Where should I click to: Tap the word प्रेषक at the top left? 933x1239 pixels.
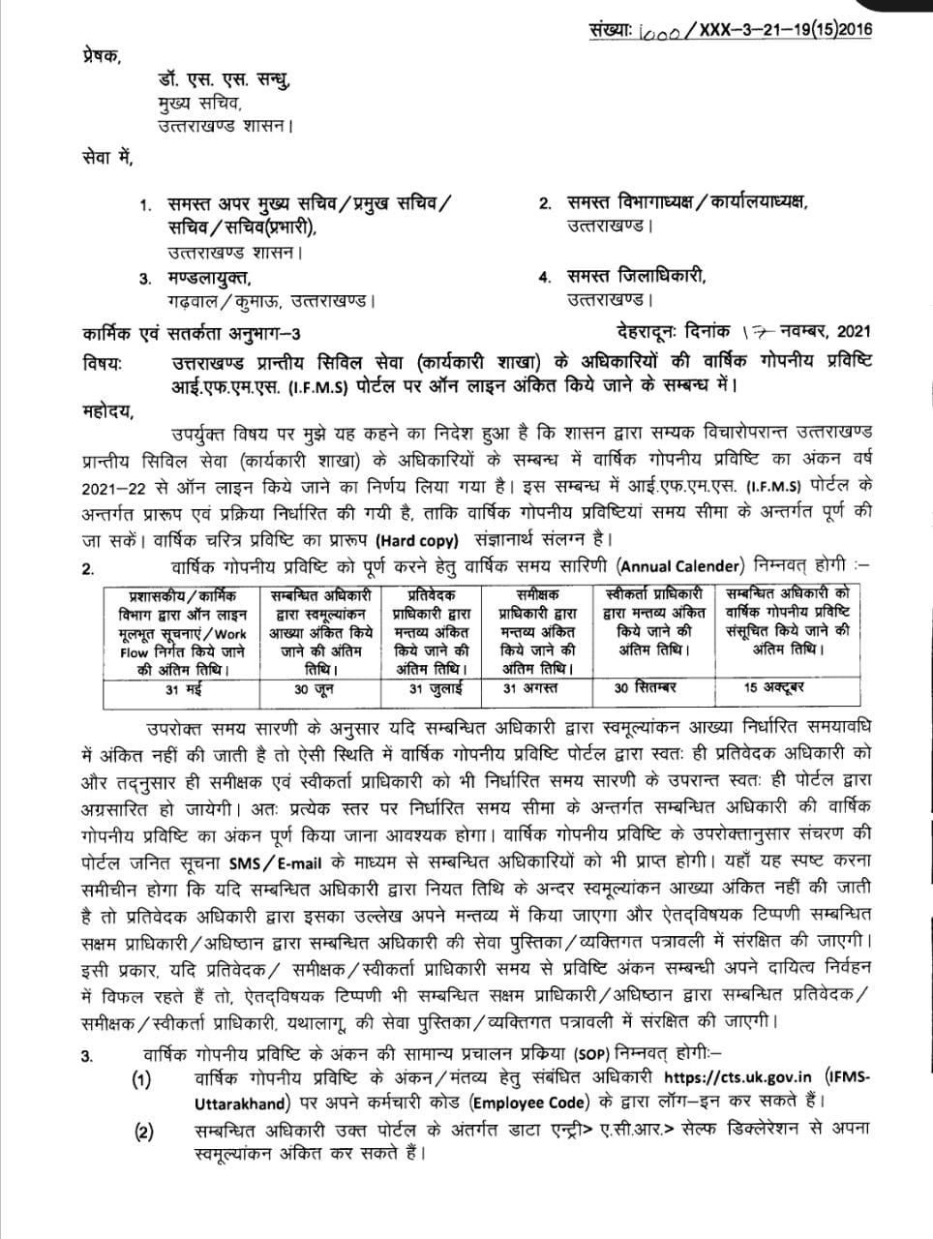(103, 56)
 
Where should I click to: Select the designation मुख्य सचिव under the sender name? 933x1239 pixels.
(200, 104)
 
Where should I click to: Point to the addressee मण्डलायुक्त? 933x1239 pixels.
(213, 278)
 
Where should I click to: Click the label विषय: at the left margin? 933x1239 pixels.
(104, 363)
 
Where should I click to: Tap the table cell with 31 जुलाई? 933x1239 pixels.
(436, 690)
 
